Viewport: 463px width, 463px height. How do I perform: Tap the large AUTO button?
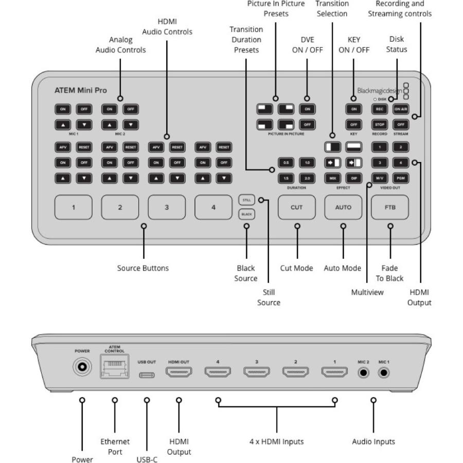(343, 208)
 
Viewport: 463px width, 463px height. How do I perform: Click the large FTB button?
(390, 208)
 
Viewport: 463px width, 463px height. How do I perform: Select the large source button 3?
(167, 208)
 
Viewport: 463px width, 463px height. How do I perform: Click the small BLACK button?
(246, 214)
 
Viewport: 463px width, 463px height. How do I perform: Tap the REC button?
(380, 109)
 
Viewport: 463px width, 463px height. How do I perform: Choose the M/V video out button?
(380, 178)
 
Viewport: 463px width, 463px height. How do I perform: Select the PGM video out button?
(401, 178)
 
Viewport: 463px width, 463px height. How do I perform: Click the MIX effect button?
(332, 178)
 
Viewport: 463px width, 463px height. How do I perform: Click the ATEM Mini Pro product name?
(80, 91)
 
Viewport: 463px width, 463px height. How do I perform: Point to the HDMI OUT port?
(179, 372)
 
